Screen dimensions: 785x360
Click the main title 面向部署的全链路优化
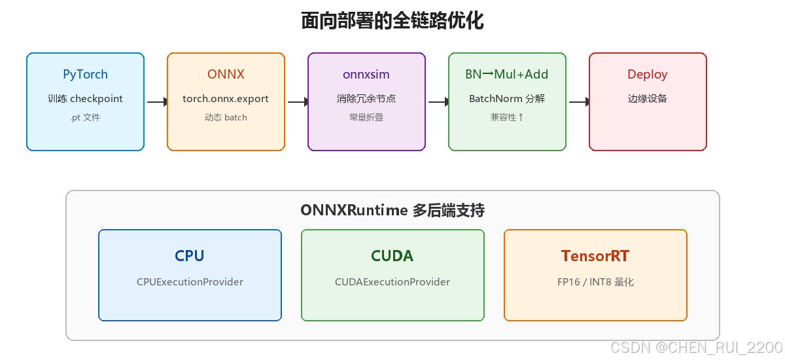[392, 21]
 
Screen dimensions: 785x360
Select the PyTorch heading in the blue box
[85, 75]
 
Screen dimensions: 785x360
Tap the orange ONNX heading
[226, 75]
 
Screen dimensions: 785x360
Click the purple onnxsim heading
[366, 75]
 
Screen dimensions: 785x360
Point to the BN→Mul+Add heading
[507, 75]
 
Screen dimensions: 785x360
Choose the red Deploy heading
[648, 75]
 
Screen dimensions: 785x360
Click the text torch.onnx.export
[226, 99]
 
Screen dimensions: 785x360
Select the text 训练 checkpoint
[85, 99]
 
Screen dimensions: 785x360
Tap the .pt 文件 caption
[85, 117]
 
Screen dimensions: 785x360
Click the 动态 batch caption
[226, 117]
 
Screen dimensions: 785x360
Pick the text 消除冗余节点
[366, 99]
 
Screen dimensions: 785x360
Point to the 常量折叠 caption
[366, 117]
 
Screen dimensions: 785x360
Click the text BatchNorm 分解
[507, 99]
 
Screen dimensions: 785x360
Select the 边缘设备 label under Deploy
[648, 99]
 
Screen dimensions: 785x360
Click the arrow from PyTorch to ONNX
[158, 102]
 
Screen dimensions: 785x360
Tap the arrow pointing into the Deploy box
[580, 102]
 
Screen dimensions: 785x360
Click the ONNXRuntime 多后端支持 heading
[392, 210]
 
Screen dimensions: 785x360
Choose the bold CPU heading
[190, 256]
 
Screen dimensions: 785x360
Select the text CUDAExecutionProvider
[392, 282]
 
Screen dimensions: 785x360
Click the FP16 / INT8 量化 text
[595, 282]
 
